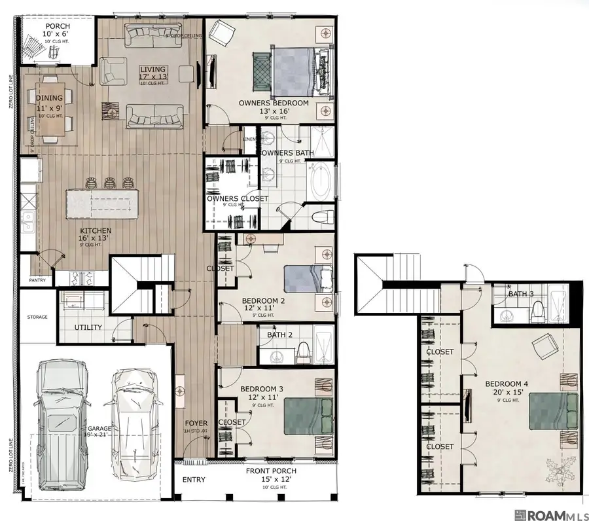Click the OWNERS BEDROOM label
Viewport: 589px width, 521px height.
(x=274, y=103)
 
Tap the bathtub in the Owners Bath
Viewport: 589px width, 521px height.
(x=321, y=183)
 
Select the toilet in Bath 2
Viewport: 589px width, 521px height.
(x=303, y=354)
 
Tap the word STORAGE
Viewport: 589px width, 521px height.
(x=37, y=317)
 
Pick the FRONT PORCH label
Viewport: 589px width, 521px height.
(x=271, y=471)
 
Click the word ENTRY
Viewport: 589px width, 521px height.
(x=194, y=480)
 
